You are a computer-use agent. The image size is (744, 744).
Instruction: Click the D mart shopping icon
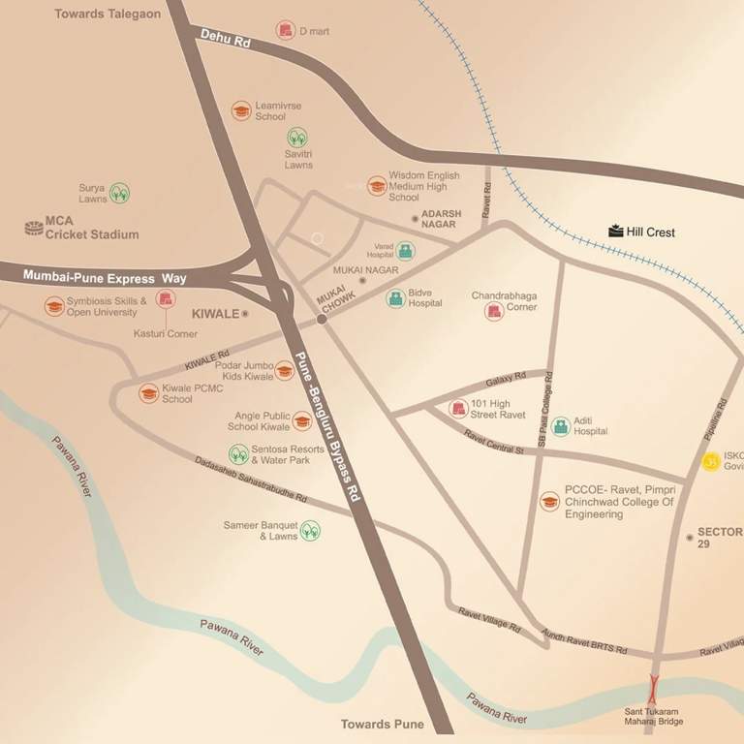tap(285, 31)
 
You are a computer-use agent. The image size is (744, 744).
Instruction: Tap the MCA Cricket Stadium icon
tap(33, 228)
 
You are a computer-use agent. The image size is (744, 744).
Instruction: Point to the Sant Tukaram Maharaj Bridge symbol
tap(653, 689)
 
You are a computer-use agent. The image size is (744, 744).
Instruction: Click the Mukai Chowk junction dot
tap(321, 319)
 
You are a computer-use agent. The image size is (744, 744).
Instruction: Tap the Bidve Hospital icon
tap(395, 298)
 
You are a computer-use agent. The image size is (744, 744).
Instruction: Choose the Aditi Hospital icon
tap(560, 426)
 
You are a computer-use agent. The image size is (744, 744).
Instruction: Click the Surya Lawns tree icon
tap(119, 193)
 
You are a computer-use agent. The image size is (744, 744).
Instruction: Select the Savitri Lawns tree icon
tap(297, 138)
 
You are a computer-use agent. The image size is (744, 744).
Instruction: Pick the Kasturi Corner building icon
tap(166, 300)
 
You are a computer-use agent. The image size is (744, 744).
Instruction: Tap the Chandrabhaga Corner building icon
tap(495, 311)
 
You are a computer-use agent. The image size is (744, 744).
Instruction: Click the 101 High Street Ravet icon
tap(457, 409)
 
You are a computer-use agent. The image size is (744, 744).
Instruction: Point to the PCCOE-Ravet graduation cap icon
tap(549, 502)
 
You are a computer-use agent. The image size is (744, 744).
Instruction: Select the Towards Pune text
tap(383, 724)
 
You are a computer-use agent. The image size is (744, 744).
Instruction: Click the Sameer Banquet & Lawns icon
tap(310, 530)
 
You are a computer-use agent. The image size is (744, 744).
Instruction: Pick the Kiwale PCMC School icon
tap(148, 393)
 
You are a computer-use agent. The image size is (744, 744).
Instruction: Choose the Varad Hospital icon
tap(405, 251)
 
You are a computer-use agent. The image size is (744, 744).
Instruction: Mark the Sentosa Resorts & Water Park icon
tap(237, 453)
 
